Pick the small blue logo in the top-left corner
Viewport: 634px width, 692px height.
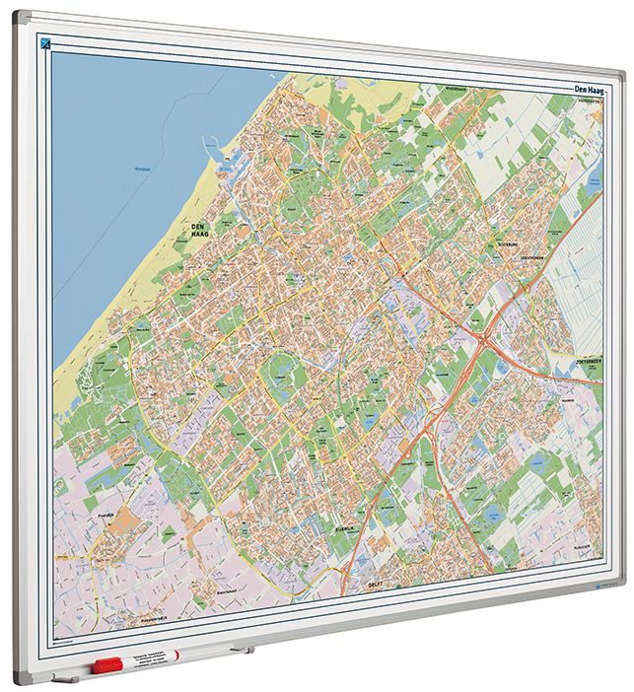pos(44,41)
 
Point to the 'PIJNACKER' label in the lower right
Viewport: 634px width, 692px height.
pos(583,546)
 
